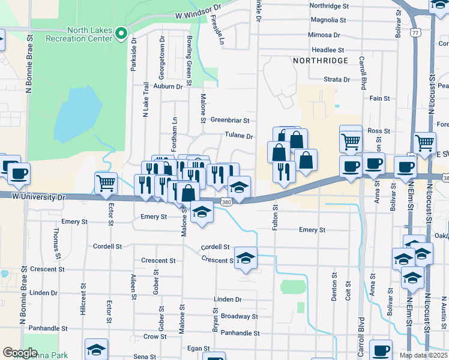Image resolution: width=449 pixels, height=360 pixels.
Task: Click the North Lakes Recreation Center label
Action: coord(89,34)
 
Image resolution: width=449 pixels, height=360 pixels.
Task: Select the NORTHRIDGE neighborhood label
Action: coord(321,61)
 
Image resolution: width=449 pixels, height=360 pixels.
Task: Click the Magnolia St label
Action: coord(329,20)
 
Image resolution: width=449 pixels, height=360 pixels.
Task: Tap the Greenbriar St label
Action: coord(229,120)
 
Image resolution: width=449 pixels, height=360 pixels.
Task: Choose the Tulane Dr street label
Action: coord(240,136)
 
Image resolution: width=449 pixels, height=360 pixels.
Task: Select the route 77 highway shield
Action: coord(415,34)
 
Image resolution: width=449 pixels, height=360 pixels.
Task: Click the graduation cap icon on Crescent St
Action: coord(246,257)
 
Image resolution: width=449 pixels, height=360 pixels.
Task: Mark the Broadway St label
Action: coord(239,316)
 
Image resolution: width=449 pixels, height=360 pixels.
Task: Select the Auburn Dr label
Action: coord(167,86)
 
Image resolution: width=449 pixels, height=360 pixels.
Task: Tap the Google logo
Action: coord(20,353)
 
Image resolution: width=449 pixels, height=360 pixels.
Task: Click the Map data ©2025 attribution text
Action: coord(423,355)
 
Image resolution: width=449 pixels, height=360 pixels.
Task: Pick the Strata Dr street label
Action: coord(337,79)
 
